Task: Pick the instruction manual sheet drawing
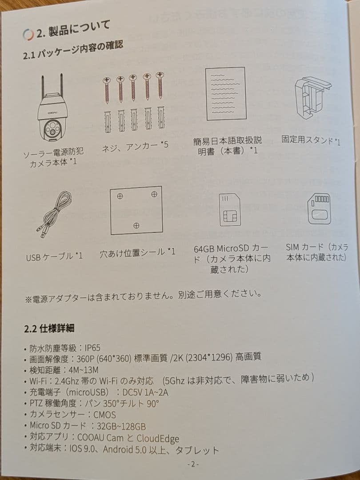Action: [226, 94]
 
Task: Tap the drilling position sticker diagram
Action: [136, 210]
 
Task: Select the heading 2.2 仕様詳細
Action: [49, 329]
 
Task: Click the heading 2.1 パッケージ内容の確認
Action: [73, 51]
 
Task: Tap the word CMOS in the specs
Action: [105, 415]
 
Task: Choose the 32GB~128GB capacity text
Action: [121, 426]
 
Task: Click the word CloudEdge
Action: [158, 438]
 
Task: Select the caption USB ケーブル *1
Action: [54, 256]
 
